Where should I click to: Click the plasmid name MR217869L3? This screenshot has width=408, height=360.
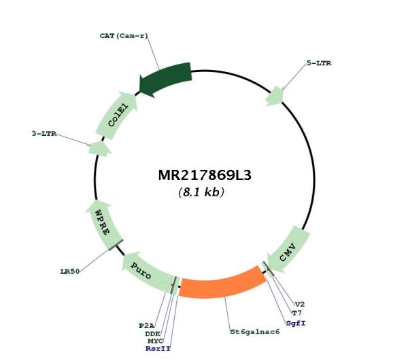pos(205,175)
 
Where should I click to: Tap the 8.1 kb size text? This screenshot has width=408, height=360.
pos(201,192)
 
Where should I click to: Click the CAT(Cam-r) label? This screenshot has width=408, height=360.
pos(124,35)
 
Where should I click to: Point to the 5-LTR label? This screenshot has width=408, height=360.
pos(319,63)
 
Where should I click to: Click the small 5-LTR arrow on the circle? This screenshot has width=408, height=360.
pos(275,96)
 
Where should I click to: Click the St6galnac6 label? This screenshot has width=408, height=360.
pos(255,332)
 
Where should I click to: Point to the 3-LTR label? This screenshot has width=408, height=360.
pos(44,134)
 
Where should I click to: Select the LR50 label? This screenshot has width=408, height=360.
pos(70,272)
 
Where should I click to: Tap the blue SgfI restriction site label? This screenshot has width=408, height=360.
pos(296,323)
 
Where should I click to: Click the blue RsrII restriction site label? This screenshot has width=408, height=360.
pos(158,348)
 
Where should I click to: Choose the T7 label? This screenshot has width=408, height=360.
pos(297,313)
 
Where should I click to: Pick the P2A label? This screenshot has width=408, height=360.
pos(146,325)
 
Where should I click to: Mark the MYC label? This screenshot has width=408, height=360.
pos(155,341)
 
